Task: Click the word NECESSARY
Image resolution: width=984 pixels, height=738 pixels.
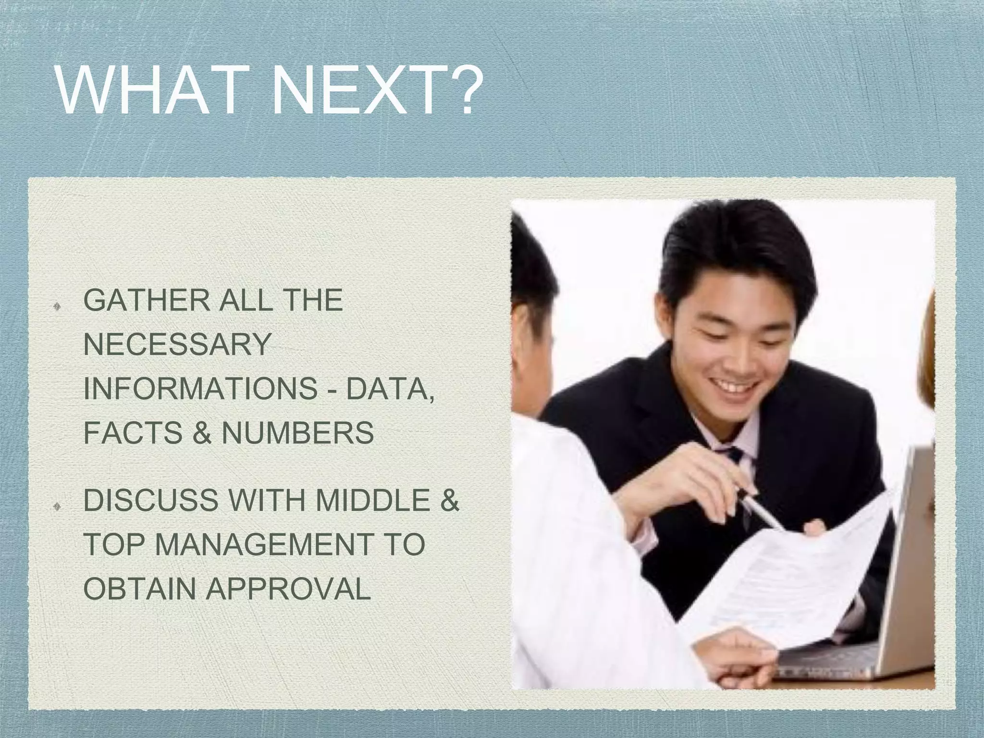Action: pos(177,344)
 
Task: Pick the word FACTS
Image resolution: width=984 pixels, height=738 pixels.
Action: pos(133,432)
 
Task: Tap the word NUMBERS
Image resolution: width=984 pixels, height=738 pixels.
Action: pos(298,432)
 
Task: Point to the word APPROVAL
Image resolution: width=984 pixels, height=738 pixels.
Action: pos(288,588)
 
